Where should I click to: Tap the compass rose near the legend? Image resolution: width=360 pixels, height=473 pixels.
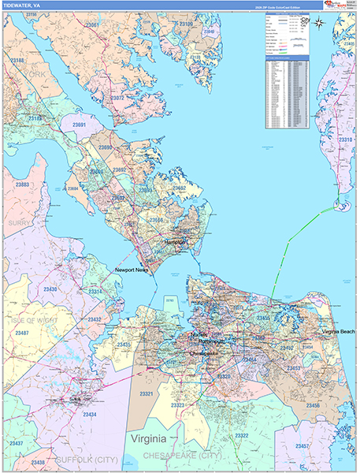click(319, 22)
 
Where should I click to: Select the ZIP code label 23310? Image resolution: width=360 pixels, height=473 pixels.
click(345, 140)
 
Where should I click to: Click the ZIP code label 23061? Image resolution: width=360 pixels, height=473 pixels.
click(92, 25)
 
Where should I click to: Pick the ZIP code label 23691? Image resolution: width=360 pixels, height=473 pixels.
click(80, 125)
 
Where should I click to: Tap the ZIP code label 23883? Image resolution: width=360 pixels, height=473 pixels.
click(21, 184)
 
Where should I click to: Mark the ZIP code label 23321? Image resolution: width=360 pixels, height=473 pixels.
click(146, 393)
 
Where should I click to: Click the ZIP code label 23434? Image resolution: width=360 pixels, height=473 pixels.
click(90, 414)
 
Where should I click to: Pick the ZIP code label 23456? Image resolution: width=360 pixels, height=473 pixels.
click(313, 405)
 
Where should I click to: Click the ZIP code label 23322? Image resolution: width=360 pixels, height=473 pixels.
click(241, 435)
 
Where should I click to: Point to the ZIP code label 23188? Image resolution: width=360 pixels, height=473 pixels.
click(16, 60)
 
